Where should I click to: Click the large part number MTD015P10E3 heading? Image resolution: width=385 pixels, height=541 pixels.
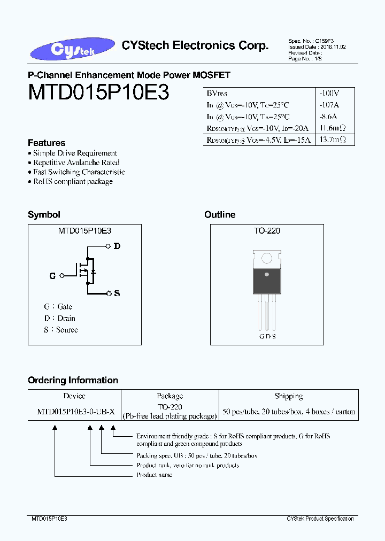click(98, 92)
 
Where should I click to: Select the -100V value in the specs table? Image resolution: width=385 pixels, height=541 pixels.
click(329, 93)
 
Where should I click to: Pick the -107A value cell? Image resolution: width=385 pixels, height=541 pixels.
click(329, 105)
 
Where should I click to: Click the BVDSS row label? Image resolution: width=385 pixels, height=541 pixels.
click(217, 94)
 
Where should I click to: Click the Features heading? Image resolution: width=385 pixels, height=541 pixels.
click(47, 143)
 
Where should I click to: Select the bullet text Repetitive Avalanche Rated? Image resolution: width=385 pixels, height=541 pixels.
click(76, 163)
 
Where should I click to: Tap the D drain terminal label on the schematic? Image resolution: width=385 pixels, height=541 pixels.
click(117, 246)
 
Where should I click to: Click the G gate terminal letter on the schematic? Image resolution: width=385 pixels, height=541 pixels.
click(52, 276)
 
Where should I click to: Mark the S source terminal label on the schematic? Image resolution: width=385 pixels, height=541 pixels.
click(117, 293)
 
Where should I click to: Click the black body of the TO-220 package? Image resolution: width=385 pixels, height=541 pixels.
click(267, 279)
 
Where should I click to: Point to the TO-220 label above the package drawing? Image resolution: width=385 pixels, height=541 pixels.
click(267, 231)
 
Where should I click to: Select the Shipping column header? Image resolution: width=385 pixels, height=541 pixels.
click(289, 396)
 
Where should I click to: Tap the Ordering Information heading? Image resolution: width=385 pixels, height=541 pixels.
click(73, 381)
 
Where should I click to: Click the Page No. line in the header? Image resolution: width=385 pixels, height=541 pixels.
click(305, 59)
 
